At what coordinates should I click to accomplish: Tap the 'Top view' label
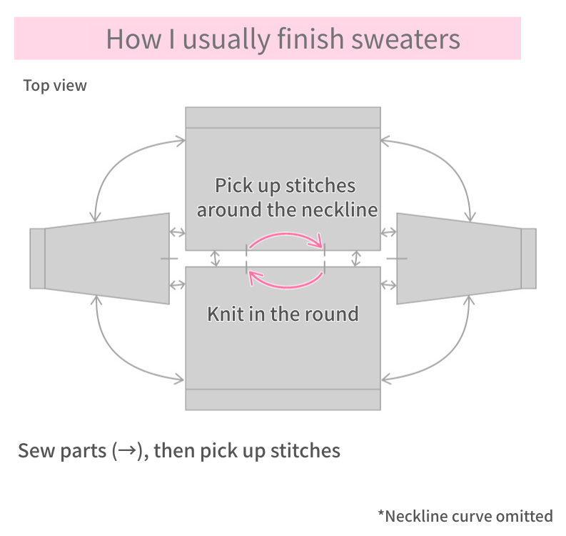(x=55, y=86)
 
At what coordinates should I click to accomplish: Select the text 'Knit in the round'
(x=283, y=314)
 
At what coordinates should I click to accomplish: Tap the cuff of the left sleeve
(x=37, y=259)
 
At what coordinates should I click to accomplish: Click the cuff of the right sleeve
(x=528, y=259)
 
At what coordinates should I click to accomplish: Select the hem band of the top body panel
(x=283, y=117)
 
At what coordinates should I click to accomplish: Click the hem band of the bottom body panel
(x=283, y=399)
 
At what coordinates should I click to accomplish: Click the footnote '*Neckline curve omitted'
(x=465, y=515)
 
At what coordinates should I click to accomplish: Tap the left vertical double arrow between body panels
(x=216, y=258)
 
